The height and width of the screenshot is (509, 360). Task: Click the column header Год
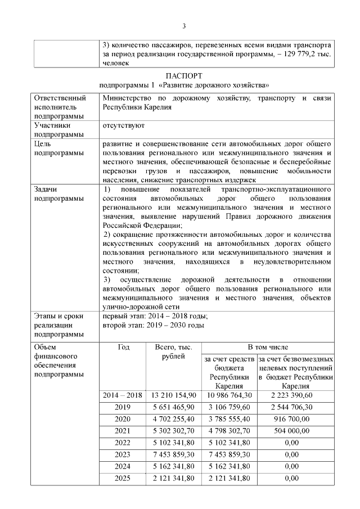coord(123,347)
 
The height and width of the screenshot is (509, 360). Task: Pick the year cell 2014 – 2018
coord(123,395)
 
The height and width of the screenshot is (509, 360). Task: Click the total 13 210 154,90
coord(174,395)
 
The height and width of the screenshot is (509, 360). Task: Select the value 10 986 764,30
coord(229,395)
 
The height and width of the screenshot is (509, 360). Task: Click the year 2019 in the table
coord(123,407)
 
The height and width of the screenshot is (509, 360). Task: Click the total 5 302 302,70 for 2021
coord(174,431)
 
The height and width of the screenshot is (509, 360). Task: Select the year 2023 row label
coord(123,454)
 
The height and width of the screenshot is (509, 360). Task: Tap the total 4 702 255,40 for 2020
coord(174,419)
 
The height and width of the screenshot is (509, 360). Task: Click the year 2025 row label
coord(123,478)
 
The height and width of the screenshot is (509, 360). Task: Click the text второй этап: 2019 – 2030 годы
coord(154,325)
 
